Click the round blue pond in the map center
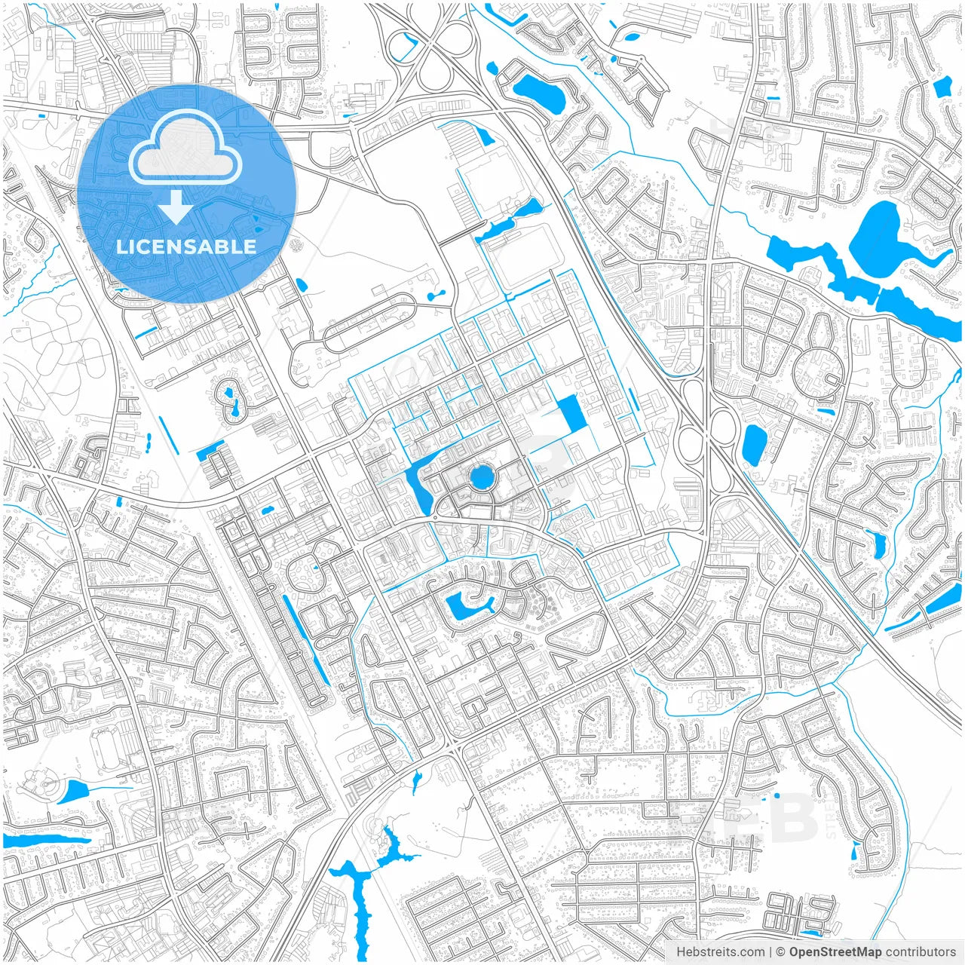pos(480,476)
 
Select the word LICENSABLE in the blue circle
pos(186,247)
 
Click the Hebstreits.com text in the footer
pos(720,952)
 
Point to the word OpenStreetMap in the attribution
pos(835,952)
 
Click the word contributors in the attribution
pos(921,952)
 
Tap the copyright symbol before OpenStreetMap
pos(781,952)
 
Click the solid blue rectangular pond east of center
pos(571,414)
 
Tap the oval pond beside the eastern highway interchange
pos(753,443)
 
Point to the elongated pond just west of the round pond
pos(417,486)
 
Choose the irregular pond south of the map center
pos(463,606)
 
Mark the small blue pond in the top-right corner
pos(942,87)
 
